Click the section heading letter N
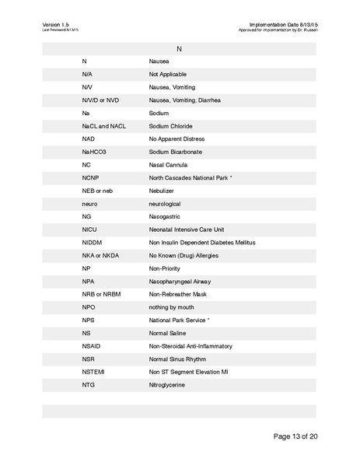pyautogui.click(x=179, y=48)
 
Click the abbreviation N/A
pyautogui.click(x=88, y=74)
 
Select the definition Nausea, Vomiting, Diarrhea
pyautogui.click(x=185, y=100)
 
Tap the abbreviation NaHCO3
pyautogui.click(x=93, y=152)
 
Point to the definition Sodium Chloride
pyautogui.click(x=170, y=126)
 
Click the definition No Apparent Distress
pyautogui.click(x=176, y=138)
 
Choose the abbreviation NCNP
pyautogui.click(x=90, y=177)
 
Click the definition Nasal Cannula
pyautogui.click(x=168, y=165)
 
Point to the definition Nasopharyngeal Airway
pyautogui.click(x=180, y=282)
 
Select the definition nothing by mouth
pyautogui.click(x=172, y=307)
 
